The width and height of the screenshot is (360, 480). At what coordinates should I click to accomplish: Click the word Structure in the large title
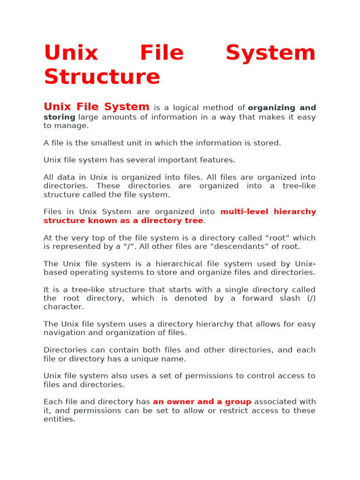tap(102, 77)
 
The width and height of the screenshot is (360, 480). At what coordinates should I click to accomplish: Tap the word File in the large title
tap(162, 52)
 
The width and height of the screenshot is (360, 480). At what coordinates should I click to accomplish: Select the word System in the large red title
tap(270, 52)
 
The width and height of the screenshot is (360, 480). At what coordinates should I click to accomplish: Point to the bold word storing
tap(60, 117)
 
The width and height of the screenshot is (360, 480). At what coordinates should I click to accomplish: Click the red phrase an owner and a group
tap(202, 402)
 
